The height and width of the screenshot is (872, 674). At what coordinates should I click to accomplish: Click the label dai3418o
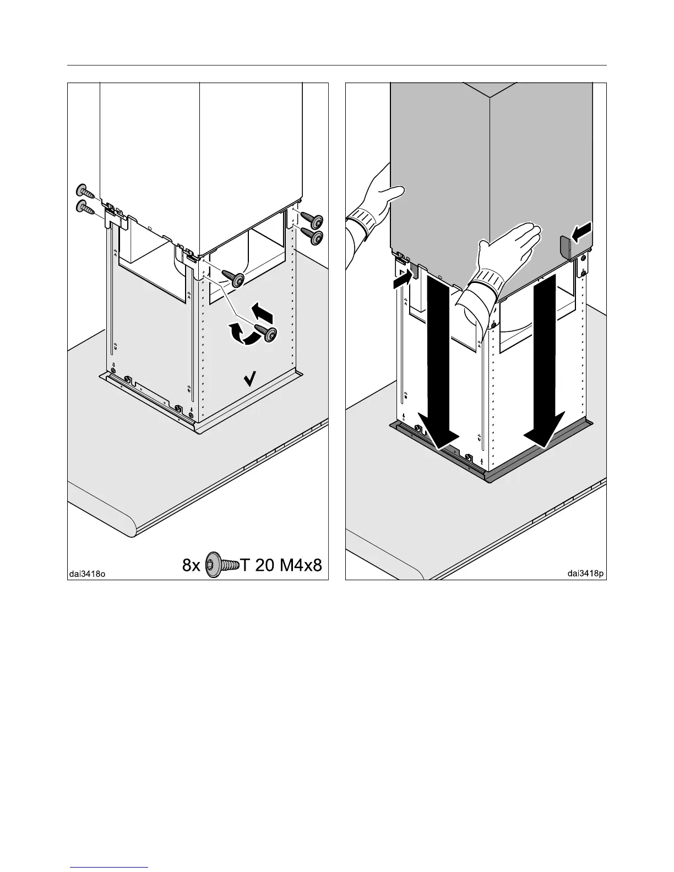pyautogui.click(x=87, y=574)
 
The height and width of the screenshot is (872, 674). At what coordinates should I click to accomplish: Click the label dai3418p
pyautogui.click(x=586, y=573)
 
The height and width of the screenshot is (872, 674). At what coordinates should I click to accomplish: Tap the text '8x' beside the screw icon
pyautogui.click(x=192, y=565)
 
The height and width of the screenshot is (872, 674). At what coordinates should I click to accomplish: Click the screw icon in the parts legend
pyautogui.click(x=222, y=565)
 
